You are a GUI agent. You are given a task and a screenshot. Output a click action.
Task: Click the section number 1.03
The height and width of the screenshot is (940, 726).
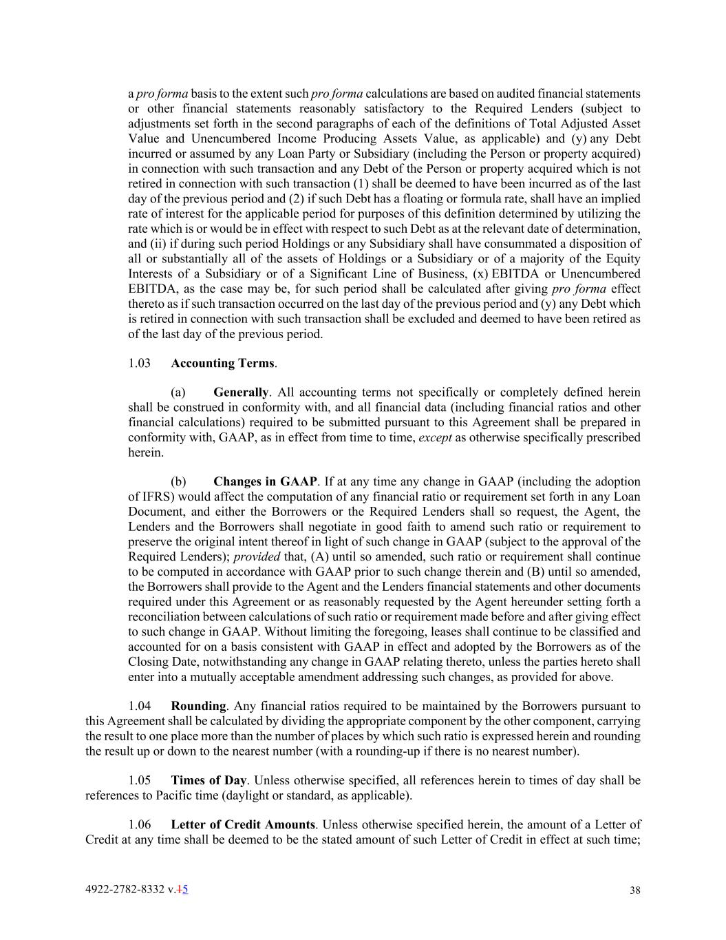139,363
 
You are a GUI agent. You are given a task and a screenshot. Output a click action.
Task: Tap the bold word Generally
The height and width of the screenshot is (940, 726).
240,393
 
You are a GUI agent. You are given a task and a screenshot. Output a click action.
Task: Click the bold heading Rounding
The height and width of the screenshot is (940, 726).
198,706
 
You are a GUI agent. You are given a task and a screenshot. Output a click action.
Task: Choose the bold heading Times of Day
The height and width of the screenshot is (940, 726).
209,780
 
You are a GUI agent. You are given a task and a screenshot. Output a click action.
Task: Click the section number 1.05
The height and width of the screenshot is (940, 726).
139,780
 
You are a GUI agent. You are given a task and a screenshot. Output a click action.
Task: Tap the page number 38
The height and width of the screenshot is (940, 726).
634,890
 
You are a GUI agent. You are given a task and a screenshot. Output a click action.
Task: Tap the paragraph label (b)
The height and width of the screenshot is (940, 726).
178,481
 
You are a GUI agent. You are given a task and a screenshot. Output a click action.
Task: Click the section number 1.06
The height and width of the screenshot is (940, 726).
139,824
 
